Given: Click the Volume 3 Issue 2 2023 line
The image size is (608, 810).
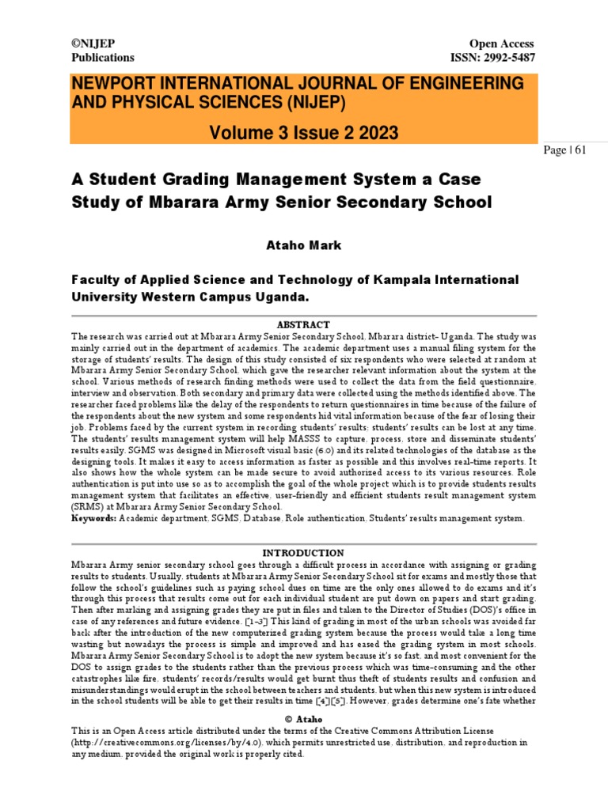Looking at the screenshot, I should coord(303,131).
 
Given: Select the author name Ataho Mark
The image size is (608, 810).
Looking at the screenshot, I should coord(303,245).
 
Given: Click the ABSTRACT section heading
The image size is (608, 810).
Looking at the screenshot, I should coord(303,325).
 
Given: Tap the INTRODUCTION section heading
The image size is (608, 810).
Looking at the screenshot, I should coord(303,553).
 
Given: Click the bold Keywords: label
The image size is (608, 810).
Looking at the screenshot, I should coord(94,519).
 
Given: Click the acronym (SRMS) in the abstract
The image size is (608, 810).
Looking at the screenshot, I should coord(91,507).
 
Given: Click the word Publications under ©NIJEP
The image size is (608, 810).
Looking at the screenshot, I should coord(103,57).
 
